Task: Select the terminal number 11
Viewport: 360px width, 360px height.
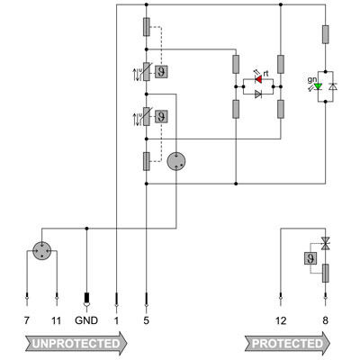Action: point(57,319)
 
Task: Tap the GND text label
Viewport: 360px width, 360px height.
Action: point(86,319)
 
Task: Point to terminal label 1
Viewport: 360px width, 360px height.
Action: point(116,319)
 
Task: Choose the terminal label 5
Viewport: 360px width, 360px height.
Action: point(146,319)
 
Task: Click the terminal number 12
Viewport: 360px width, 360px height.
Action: point(281,319)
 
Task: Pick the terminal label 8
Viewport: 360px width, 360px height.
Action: point(325,319)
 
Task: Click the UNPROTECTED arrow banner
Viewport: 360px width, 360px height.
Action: point(76,343)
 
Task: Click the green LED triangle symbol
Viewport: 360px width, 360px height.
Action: point(317,86)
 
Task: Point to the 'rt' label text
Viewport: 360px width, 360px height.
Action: point(267,72)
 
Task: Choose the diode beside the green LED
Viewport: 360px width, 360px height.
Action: point(332,86)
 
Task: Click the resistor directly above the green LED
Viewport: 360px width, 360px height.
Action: point(325,35)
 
